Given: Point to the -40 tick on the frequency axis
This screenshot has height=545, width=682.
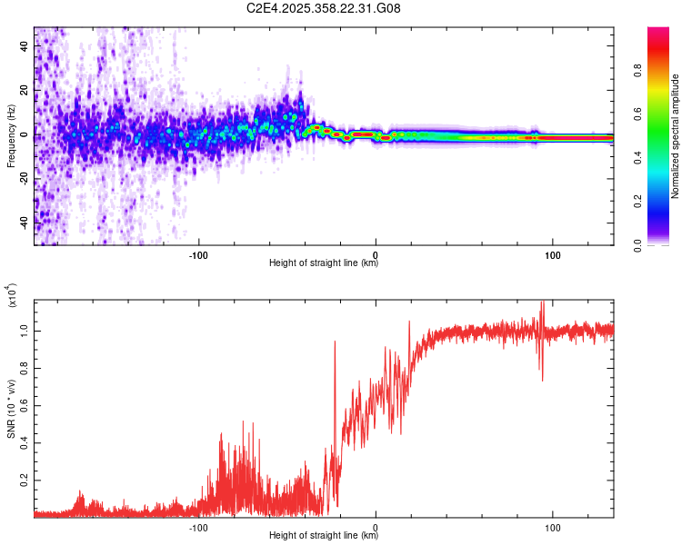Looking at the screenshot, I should pyautogui.click(x=25, y=221).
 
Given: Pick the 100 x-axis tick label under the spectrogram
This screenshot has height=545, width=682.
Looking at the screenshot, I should pyautogui.click(x=552, y=253).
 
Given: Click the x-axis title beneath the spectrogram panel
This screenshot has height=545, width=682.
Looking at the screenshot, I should pyautogui.click(x=324, y=263).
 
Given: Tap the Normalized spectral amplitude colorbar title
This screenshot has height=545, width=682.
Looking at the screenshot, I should pyautogui.click(x=676, y=137).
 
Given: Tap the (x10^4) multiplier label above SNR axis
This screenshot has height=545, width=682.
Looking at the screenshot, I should pyautogui.click(x=13, y=296).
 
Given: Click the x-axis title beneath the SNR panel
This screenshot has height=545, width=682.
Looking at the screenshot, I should pyautogui.click(x=324, y=536).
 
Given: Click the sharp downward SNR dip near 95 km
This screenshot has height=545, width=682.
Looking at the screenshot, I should pyautogui.click(x=542, y=378).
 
